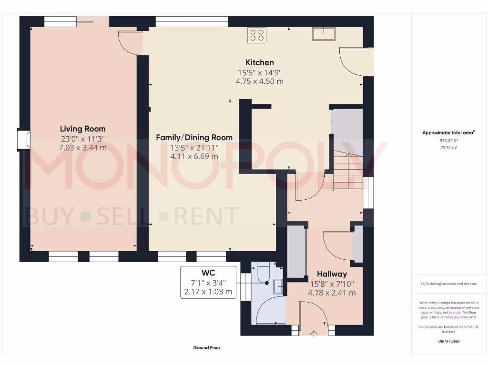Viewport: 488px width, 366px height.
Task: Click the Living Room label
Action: [82, 129]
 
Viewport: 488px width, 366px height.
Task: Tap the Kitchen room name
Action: [259, 62]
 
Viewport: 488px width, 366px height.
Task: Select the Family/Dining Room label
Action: [194, 137]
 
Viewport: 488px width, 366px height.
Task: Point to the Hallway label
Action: [332, 274]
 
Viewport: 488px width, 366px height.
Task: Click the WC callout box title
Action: [208, 273]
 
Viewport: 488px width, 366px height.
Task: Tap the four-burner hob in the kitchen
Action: [257, 35]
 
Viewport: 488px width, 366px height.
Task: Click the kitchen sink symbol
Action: [324, 34]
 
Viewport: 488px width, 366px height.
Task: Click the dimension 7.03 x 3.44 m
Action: [82, 148]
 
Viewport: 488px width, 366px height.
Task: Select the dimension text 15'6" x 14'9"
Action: [259, 72]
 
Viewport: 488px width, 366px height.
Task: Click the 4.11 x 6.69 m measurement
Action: [194, 156]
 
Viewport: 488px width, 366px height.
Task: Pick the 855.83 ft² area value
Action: [449, 141]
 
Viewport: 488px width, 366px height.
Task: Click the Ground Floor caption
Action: [206, 348]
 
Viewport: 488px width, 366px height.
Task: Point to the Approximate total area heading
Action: [448, 133]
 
